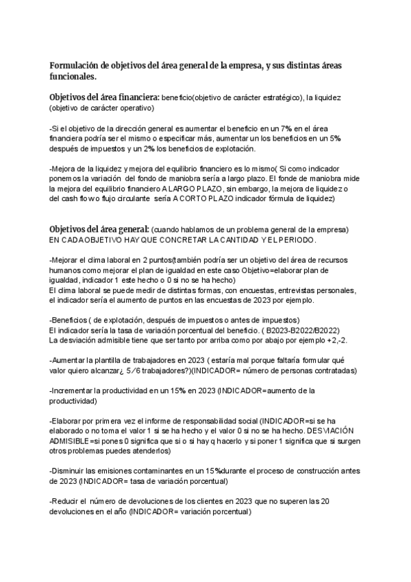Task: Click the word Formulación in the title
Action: (x=73, y=65)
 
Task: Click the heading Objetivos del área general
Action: (x=99, y=228)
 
